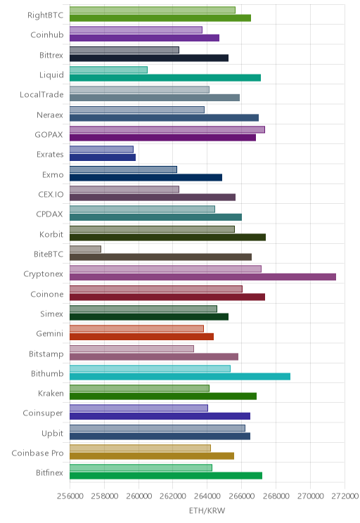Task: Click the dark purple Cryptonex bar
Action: (203, 277)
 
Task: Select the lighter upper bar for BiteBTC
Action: (85, 249)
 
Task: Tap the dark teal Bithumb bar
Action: (180, 377)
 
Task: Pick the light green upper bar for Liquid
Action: (108, 70)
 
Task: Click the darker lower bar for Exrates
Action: (103, 157)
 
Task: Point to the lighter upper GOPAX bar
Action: (167, 129)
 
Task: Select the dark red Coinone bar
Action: (167, 297)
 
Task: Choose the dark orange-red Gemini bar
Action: (141, 337)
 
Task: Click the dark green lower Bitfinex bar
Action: (166, 476)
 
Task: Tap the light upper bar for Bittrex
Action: (124, 50)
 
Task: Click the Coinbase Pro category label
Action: (37, 453)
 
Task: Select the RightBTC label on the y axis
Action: (46, 15)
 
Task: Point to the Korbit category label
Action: (51, 234)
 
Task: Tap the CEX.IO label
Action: (51, 195)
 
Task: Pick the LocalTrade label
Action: (41, 95)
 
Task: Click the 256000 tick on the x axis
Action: (70, 496)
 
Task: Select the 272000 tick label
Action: (345, 496)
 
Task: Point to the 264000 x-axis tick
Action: (207, 496)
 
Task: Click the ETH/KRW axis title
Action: (207, 510)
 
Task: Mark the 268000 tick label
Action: (276, 496)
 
